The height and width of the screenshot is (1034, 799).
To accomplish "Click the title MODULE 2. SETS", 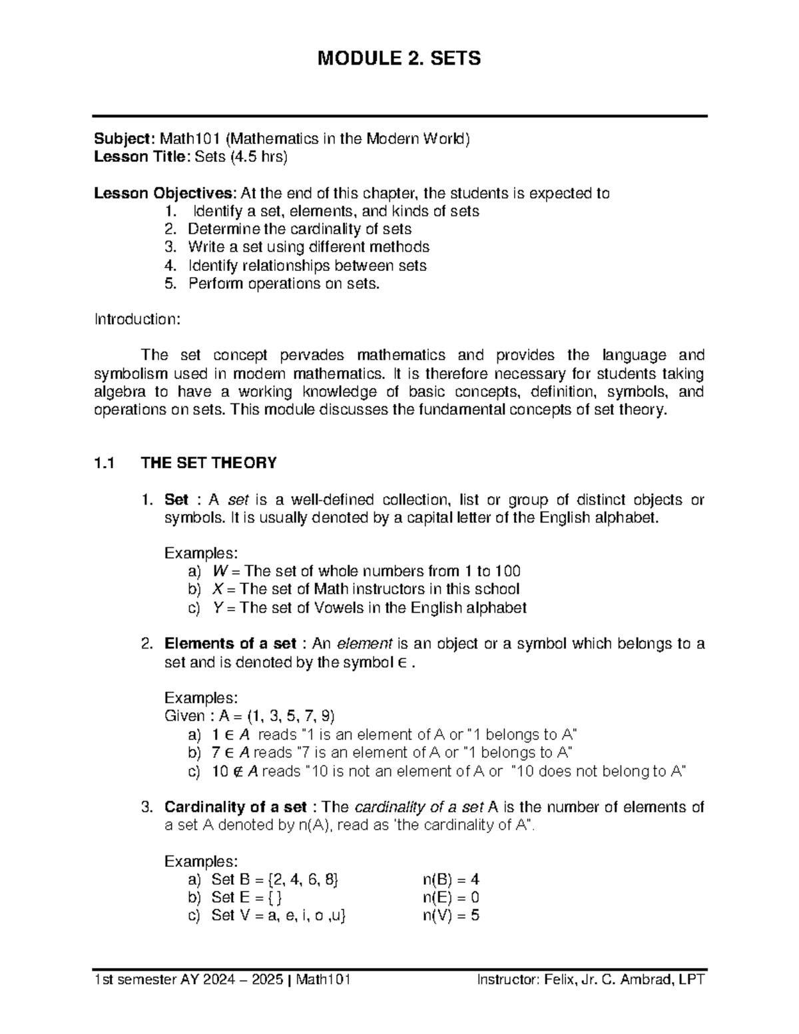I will pos(399,59).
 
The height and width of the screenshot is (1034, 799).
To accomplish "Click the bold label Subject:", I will pos(125,139).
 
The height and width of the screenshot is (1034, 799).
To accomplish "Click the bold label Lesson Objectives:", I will pos(164,194).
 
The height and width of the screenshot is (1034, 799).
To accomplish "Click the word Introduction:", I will pos(136,320).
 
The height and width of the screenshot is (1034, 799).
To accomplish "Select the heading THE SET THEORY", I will pos(209,463).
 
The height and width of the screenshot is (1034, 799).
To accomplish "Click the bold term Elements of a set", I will pos(230,644).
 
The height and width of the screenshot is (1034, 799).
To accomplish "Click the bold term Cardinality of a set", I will pos(235,808).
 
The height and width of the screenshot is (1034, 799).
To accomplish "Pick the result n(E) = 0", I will pos(451,898).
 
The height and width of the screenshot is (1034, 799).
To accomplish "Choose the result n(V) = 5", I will pos(451,915).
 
